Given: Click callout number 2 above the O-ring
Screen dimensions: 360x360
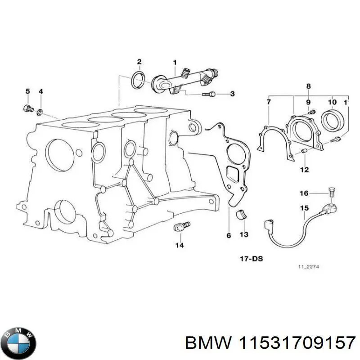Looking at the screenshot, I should point(139,62).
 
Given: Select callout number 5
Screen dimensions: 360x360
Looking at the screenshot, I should point(27,92).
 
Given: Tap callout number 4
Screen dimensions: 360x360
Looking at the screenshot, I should point(40,92).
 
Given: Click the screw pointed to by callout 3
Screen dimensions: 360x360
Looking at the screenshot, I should point(207,94).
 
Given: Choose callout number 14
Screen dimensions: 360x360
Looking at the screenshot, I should point(180,245).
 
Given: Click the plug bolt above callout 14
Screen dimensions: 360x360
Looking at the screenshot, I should point(181,227).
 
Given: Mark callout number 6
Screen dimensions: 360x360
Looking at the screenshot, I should point(229,235).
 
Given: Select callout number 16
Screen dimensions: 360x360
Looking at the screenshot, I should point(304,193).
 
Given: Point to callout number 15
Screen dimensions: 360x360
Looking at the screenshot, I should point(304,208).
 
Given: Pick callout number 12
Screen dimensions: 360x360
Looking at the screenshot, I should point(304,170).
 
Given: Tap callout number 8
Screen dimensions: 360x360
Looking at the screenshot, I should point(308,86).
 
